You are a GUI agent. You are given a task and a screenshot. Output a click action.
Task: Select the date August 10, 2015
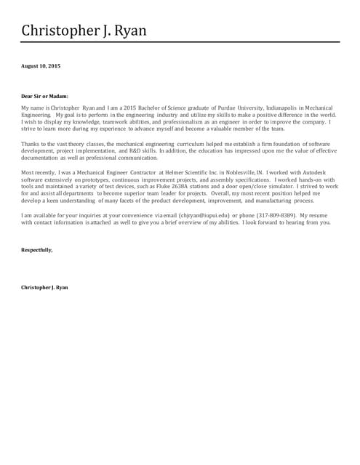point(41,66)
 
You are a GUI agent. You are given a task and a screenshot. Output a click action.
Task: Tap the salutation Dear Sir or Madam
point(45,95)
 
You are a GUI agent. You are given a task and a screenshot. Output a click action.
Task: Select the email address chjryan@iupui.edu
point(203,216)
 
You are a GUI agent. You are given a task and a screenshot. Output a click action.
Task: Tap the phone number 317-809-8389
point(274,216)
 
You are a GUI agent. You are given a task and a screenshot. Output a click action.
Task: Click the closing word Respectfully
point(36,250)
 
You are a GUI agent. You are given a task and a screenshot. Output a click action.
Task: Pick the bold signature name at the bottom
point(44,288)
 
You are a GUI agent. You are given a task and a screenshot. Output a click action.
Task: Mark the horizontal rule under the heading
point(180,42)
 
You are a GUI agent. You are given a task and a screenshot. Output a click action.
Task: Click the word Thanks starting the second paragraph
point(31,144)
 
